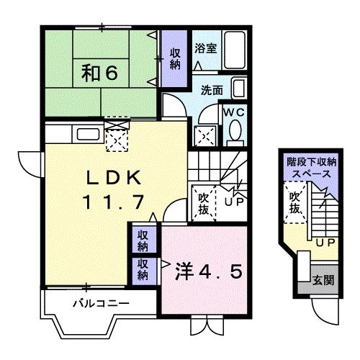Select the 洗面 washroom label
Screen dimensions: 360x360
point(212,91)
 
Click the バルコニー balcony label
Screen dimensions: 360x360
point(101,303)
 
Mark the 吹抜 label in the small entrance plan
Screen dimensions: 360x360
point(295,202)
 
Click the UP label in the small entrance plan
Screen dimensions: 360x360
point(323,242)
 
